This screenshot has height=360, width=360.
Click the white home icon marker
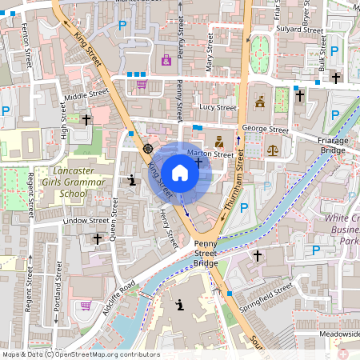pos(180,172)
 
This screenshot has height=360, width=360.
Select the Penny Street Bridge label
pos(205,254)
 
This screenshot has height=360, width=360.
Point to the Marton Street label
pos(210,153)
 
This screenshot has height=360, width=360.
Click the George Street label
pos(266,129)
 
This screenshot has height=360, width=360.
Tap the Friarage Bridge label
pos(334,145)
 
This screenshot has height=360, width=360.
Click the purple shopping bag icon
pos(166,60)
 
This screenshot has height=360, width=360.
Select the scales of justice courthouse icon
pos(272,150)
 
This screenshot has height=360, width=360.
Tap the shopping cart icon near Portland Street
pos(86,306)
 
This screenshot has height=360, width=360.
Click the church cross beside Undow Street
pos(98,238)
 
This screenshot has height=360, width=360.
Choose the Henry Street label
pos(166,225)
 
